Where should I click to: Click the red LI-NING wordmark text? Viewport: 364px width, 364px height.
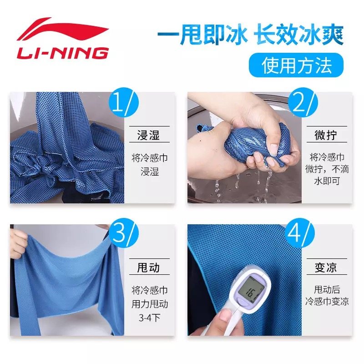pyautogui.click(x=63, y=53)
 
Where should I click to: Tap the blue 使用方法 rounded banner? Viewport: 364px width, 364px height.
pyautogui.click(x=296, y=65)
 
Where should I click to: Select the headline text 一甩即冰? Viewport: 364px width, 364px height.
pyautogui.click(x=202, y=35)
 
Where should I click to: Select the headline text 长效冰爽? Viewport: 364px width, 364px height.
pyautogui.click(x=298, y=35)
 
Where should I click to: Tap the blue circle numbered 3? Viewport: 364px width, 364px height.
pyautogui.click(x=123, y=233)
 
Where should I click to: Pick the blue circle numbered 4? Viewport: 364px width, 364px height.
pyautogui.click(x=299, y=233)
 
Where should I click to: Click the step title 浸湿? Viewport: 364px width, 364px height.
pyautogui.click(x=149, y=135)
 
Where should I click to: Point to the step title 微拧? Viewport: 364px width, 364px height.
pyautogui.click(x=326, y=135)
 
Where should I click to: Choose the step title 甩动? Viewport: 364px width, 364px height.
pyautogui.click(x=149, y=267)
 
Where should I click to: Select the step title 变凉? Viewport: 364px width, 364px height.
pyautogui.click(x=326, y=267)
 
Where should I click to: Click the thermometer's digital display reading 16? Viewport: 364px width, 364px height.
pyautogui.click(x=253, y=290)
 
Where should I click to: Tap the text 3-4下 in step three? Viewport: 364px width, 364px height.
pyautogui.click(x=150, y=318)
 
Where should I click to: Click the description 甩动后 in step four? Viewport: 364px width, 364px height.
pyautogui.click(x=327, y=289)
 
